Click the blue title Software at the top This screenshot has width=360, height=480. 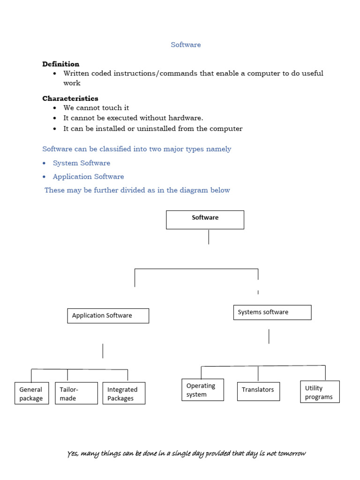pos(186,45)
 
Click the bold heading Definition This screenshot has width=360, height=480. pos(61,64)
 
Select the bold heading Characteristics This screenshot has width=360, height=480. pos(70,98)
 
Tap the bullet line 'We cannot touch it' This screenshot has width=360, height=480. pos(96,108)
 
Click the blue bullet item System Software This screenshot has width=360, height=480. pos(82,163)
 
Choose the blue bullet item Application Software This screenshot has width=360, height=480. pos(88,177)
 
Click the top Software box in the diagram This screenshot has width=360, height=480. pos(205,219)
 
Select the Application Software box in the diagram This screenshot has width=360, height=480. pos(108,315)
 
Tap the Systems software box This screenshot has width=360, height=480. pos(272,312)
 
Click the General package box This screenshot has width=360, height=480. pos(31,393)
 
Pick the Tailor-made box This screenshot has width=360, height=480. pos(76,393)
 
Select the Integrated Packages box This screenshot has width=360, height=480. pos(124,393)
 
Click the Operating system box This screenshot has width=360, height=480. pos(202,390)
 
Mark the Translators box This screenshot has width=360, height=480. pos(258,391)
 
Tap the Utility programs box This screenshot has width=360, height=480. pos(320,392)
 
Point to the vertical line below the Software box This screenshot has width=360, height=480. pos(209,237)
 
